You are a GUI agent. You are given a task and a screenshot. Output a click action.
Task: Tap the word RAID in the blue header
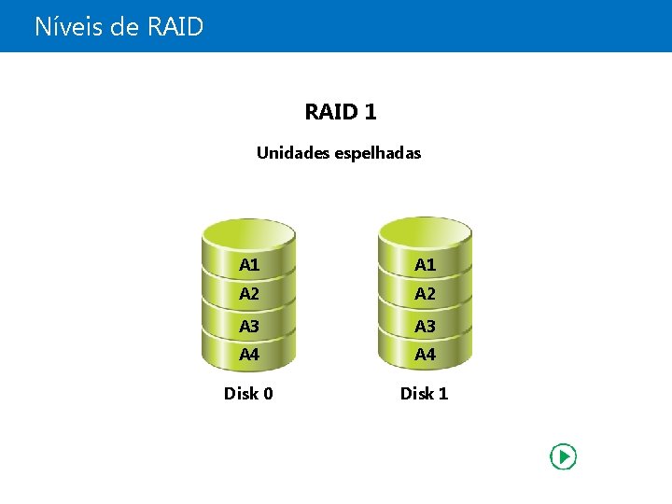(x=175, y=26)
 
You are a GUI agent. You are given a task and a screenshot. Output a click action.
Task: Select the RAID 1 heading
(x=340, y=112)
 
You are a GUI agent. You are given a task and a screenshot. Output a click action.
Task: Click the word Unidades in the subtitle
(x=289, y=152)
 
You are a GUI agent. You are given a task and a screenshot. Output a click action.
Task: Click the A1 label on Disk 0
(x=249, y=264)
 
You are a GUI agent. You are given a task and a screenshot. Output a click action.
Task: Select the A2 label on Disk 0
(x=249, y=294)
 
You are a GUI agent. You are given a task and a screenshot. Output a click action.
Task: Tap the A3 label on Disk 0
(x=249, y=326)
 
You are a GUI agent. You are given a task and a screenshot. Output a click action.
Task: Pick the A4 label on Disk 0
(x=249, y=355)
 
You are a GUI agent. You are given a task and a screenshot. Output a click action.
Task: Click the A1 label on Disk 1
(x=425, y=264)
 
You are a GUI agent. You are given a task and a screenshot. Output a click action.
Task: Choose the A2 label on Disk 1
(x=425, y=294)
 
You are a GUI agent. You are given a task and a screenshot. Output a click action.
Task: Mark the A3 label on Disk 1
(x=425, y=326)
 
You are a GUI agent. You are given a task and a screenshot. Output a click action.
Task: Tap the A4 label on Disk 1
(x=425, y=355)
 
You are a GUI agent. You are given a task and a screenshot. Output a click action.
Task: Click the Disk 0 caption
(x=248, y=393)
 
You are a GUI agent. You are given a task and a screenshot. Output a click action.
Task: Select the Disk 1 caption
(x=424, y=393)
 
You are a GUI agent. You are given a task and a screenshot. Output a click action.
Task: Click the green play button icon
(x=563, y=456)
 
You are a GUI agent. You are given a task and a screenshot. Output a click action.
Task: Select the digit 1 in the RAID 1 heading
(x=371, y=112)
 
